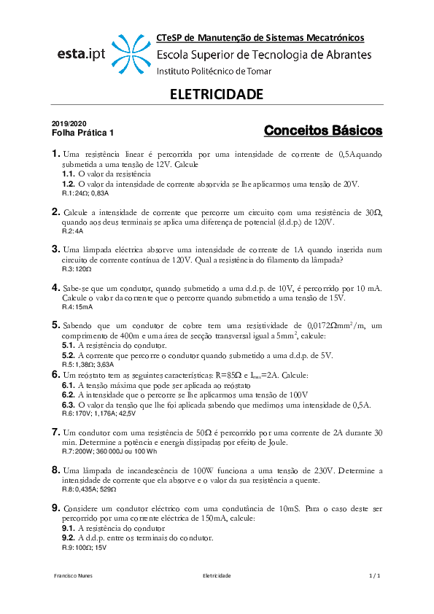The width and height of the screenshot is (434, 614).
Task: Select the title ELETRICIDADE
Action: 216,95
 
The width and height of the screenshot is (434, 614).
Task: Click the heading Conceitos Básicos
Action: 322,131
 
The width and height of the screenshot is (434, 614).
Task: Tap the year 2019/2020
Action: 68,125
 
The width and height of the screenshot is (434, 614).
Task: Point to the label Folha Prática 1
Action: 82,133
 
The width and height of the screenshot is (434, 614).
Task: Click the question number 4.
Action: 55,287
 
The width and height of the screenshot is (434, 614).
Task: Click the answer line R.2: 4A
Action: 73,230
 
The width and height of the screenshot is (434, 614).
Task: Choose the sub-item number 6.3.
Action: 68,405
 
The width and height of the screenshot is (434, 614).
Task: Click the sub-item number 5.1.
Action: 68,346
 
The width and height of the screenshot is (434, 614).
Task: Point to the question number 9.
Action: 55,508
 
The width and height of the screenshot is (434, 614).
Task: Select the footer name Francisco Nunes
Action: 74,576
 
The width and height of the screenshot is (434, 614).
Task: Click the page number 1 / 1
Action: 375,576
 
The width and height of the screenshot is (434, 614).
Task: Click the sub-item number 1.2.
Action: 68,184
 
